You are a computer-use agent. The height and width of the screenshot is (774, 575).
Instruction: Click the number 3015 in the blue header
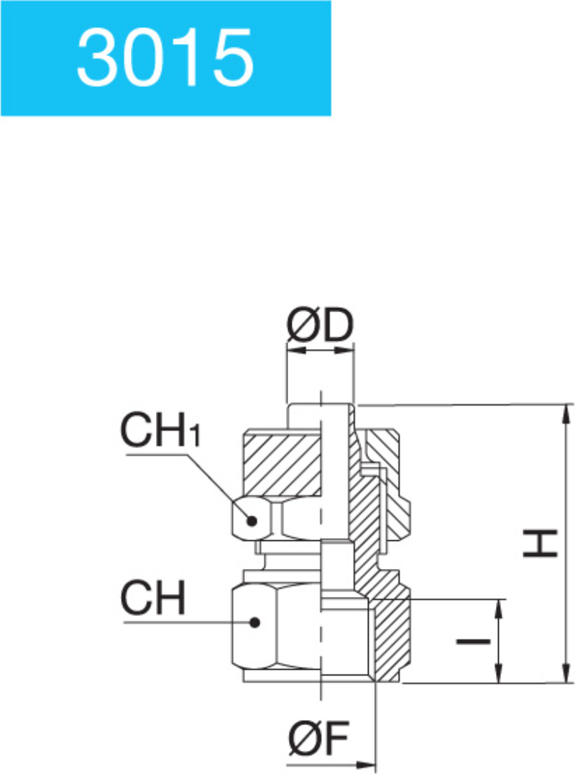click(x=165, y=57)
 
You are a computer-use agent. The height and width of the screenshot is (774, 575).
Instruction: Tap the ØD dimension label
click(x=321, y=327)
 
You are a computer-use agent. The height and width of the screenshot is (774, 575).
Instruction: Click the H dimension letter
click(x=540, y=543)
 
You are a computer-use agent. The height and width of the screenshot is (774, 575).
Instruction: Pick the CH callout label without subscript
click(x=153, y=598)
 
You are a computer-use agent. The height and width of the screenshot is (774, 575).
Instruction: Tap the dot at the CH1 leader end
click(x=251, y=521)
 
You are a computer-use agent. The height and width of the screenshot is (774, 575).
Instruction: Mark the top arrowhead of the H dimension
click(x=569, y=411)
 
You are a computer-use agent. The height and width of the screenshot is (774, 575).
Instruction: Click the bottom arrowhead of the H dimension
click(x=569, y=675)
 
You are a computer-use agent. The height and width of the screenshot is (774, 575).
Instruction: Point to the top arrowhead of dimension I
click(x=497, y=606)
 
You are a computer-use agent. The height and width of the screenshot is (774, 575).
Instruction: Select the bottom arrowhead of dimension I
click(x=497, y=675)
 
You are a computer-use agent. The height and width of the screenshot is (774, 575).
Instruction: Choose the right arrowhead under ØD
click(x=348, y=351)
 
